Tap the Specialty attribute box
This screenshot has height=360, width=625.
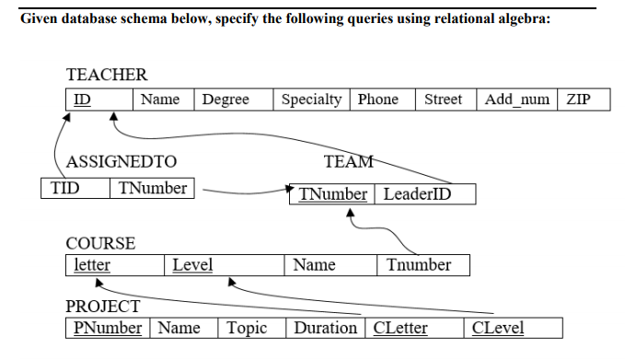pos(311,99)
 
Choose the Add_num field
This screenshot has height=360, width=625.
pos(517,99)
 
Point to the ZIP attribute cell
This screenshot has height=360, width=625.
pos(583,99)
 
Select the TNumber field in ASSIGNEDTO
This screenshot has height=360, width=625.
pos(152,189)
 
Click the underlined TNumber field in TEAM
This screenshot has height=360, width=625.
pos(332,194)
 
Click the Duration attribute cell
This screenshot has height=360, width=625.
pos(325,328)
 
